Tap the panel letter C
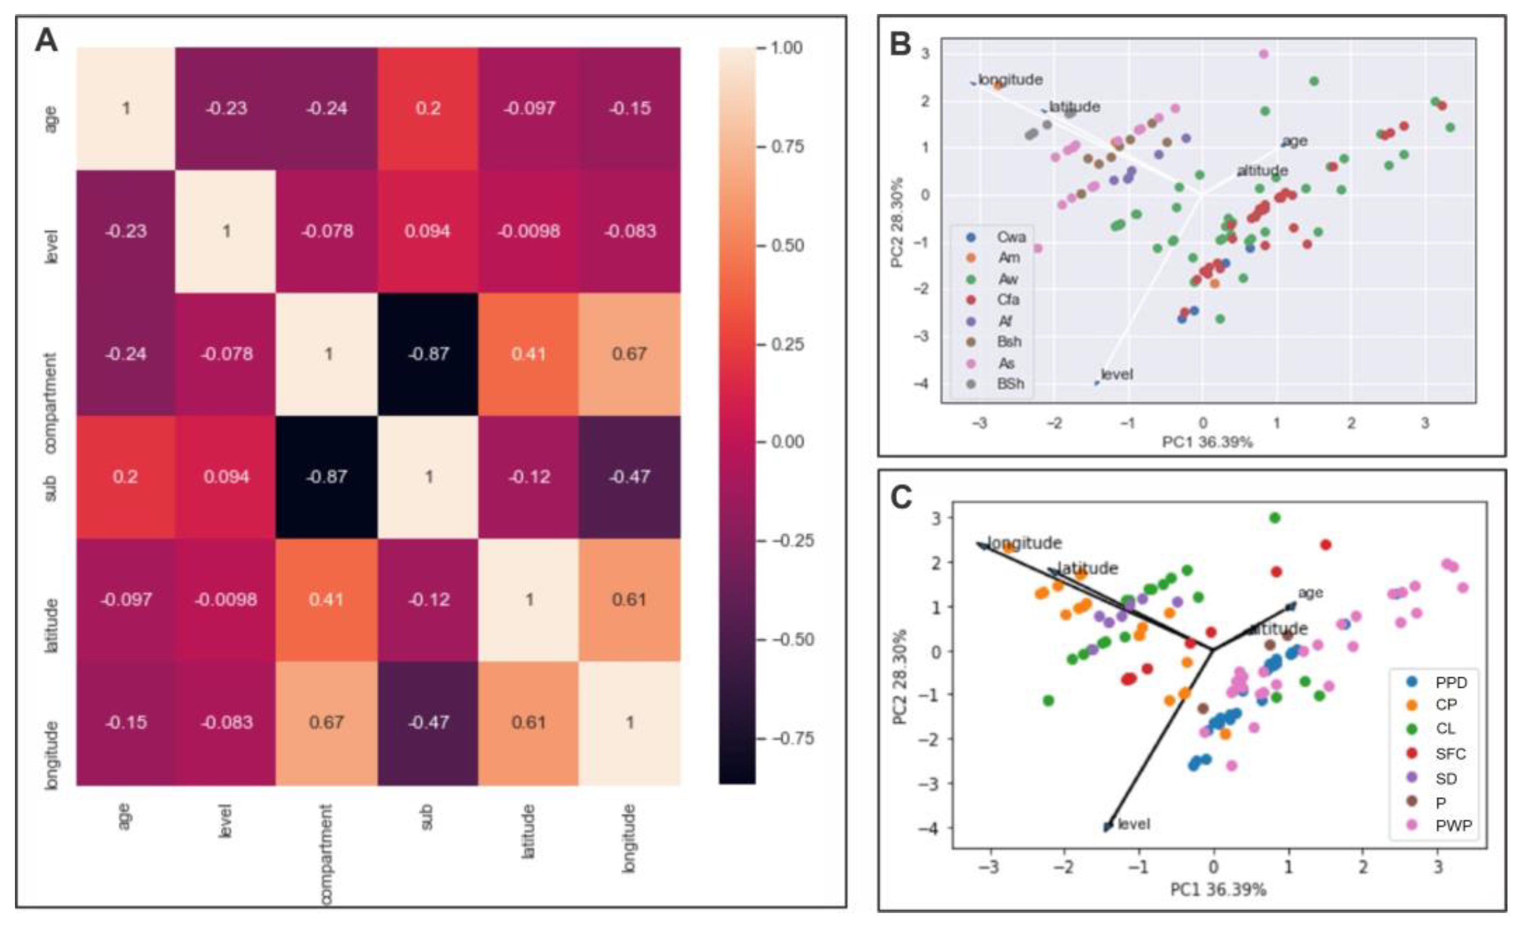click(901, 496)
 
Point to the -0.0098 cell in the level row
click(529, 231)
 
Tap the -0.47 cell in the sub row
click(630, 476)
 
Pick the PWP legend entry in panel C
click(1453, 825)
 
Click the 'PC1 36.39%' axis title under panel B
click(1207, 442)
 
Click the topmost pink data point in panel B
click(1264, 54)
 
